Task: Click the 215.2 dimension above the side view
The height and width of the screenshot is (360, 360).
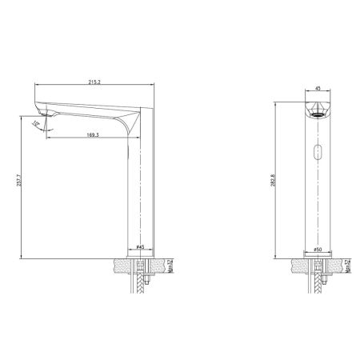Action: pyautogui.click(x=94, y=81)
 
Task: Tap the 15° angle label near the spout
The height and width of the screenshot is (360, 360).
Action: pyautogui.click(x=36, y=123)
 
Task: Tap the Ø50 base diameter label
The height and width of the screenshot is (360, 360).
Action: pyautogui.click(x=317, y=250)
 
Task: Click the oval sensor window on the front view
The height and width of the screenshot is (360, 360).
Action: pyautogui.click(x=317, y=152)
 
